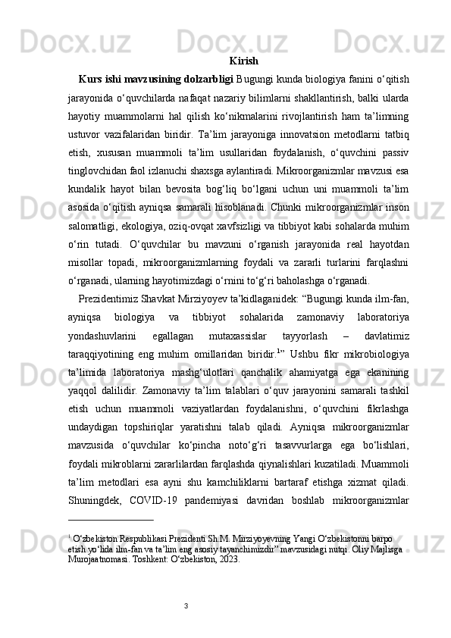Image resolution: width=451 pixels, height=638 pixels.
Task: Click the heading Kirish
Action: (x=243, y=61)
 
